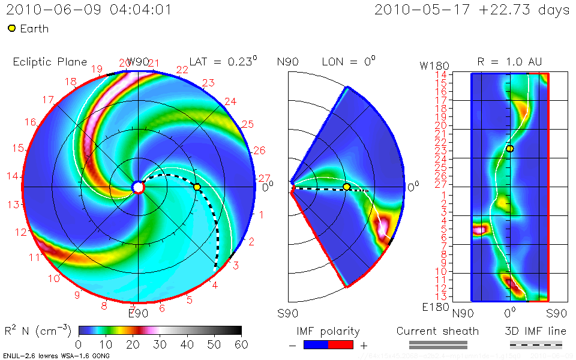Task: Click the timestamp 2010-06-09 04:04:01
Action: tap(89, 10)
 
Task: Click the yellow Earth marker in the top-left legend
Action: tap(12, 29)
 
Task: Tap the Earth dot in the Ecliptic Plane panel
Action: tap(197, 187)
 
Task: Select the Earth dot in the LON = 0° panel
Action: tap(346, 187)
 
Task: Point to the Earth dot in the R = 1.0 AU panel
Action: tap(509, 148)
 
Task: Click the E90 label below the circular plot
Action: tap(138, 313)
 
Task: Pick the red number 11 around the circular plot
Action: tap(34, 257)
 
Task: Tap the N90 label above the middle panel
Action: tap(288, 62)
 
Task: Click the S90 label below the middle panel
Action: tap(288, 313)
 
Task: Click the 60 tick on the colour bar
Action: tap(241, 344)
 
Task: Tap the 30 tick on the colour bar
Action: tap(160, 344)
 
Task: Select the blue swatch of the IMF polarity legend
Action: tap(316, 344)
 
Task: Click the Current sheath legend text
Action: tap(437, 331)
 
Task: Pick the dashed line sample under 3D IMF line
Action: tap(536, 344)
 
